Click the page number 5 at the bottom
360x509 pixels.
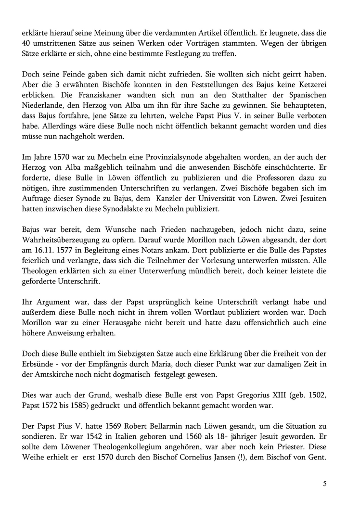click(x=325, y=484)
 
